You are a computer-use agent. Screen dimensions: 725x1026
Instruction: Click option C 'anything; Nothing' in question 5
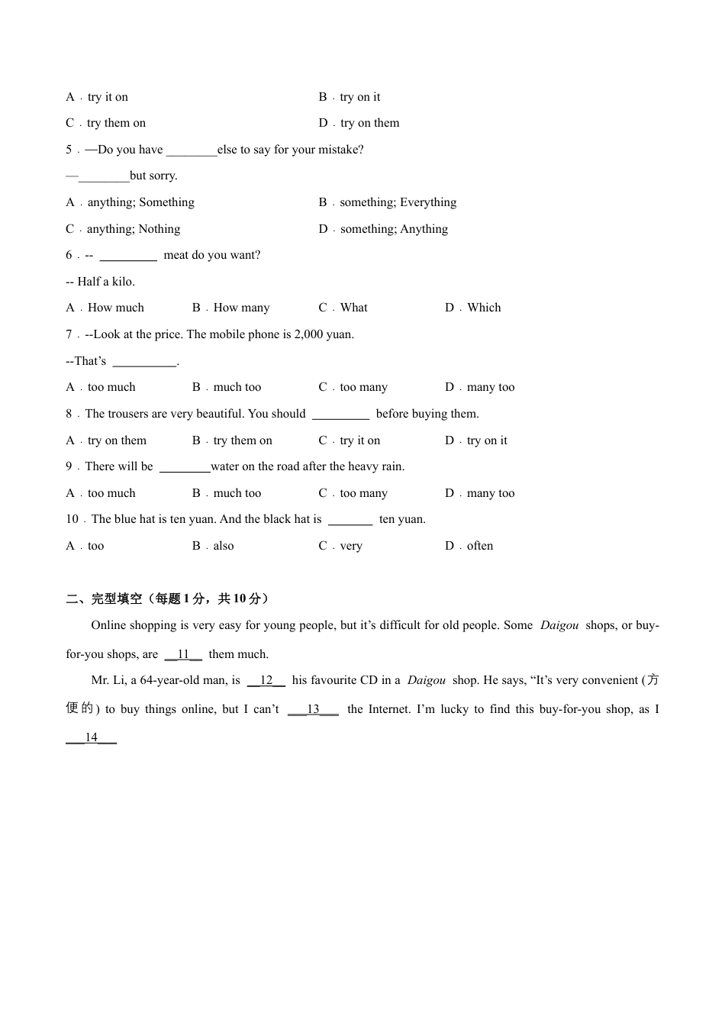(x=134, y=229)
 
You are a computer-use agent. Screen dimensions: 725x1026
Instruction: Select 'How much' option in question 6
(x=115, y=308)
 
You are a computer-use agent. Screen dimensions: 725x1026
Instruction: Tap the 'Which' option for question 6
(x=484, y=308)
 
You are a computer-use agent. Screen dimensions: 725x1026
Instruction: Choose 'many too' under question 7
(x=491, y=387)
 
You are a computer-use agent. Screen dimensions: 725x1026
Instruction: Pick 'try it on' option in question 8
(x=359, y=440)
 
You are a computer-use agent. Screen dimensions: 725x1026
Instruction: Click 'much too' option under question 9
(x=237, y=493)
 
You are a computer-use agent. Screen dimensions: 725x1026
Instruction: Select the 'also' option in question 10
(x=224, y=546)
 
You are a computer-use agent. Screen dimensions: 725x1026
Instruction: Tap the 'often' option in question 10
(x=480, y=546)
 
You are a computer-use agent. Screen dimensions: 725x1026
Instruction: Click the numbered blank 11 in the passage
(x=183, y=654)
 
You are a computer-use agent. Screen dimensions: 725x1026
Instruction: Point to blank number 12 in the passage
(x=266, y=680)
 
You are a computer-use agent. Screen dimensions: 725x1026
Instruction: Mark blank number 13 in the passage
(x=313, y=709)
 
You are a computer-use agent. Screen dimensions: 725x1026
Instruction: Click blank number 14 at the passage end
(x=92, y=737)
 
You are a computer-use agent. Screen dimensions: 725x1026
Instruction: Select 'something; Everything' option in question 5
(x=398, y=202)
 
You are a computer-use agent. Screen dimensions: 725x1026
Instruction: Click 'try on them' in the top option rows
(x=369, y=123)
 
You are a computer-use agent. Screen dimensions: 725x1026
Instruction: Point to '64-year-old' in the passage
(x=170, y=680)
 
